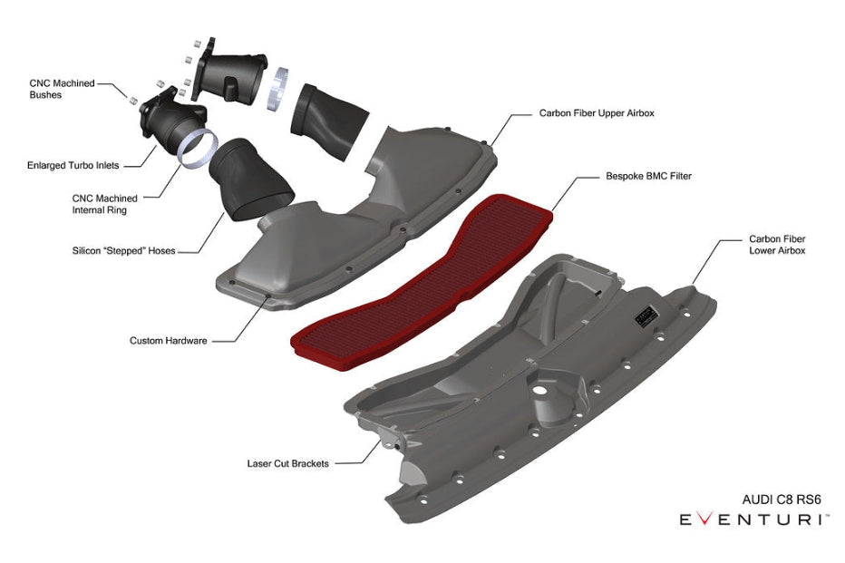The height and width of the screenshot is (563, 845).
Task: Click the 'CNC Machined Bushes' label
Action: (62, 89)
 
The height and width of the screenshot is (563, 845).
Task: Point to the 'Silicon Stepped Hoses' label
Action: (124, 250)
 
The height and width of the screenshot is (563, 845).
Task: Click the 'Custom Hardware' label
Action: (168, 341)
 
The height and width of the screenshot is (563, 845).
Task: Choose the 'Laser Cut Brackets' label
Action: (287, 463)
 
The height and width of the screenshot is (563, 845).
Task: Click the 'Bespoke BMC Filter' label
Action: (648, 176)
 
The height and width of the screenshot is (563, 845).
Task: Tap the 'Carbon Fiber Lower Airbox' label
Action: (776, 245)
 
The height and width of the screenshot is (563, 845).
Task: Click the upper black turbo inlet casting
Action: (227, 70)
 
